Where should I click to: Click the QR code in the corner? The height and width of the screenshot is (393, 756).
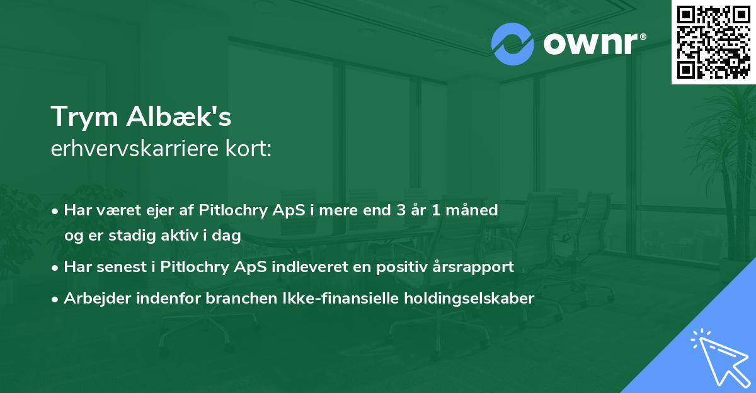coord(714,42)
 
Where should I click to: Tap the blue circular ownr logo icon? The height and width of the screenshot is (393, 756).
coord(513,43)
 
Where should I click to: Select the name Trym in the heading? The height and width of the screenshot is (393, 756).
coord(84,117)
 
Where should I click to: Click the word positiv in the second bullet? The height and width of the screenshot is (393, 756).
coord(392,267)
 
